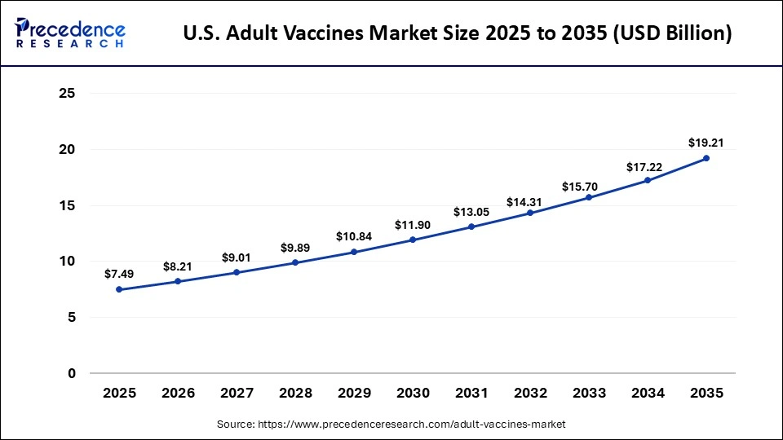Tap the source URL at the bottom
pyautogui.click(x=391, y=425)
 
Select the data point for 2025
pyautogui.click(x=119, y=289)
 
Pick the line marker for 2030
pyautogui.click(x=413, y=240)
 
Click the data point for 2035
pyautogui.click(x=706, y=158)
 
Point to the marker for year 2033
pyautogui.click(x=589, y=197)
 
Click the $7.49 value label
pyautogui.click(x=119, y=274)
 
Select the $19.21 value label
pyautogui.click(x=706, y=143)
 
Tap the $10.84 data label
pyautogui.click(x=354, y=236)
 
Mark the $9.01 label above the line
pyautogui.click(x=237, y=257)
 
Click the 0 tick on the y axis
pyautogui.click(x=72, y=373)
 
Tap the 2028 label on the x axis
pyautogui.click(x=295, y=393)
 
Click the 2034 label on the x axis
pyautogui.click(x=648, y=393)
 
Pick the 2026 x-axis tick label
pyautogui.click(x=178, y=393)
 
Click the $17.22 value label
pyautogui.click(x=648, y=165)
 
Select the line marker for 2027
pyautogui.click(x=237, y=272)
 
